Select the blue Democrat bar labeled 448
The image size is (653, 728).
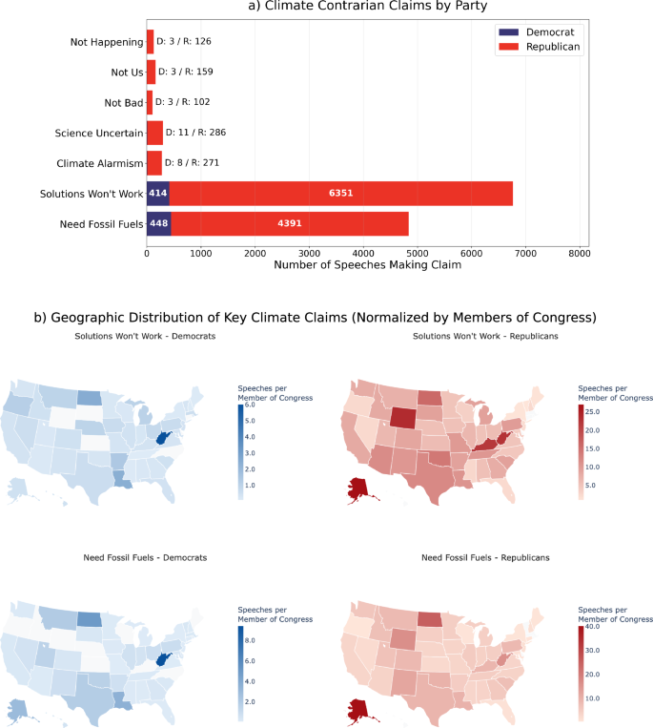pos(158,223)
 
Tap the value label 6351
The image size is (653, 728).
pos(341,193)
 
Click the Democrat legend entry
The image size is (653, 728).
pos(541,31)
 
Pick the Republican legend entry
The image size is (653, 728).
pos(543,46)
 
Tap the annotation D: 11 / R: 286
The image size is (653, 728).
pos(195,133)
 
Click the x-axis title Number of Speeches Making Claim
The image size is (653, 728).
pos(367,266)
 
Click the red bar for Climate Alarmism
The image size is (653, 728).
pos(154,163)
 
